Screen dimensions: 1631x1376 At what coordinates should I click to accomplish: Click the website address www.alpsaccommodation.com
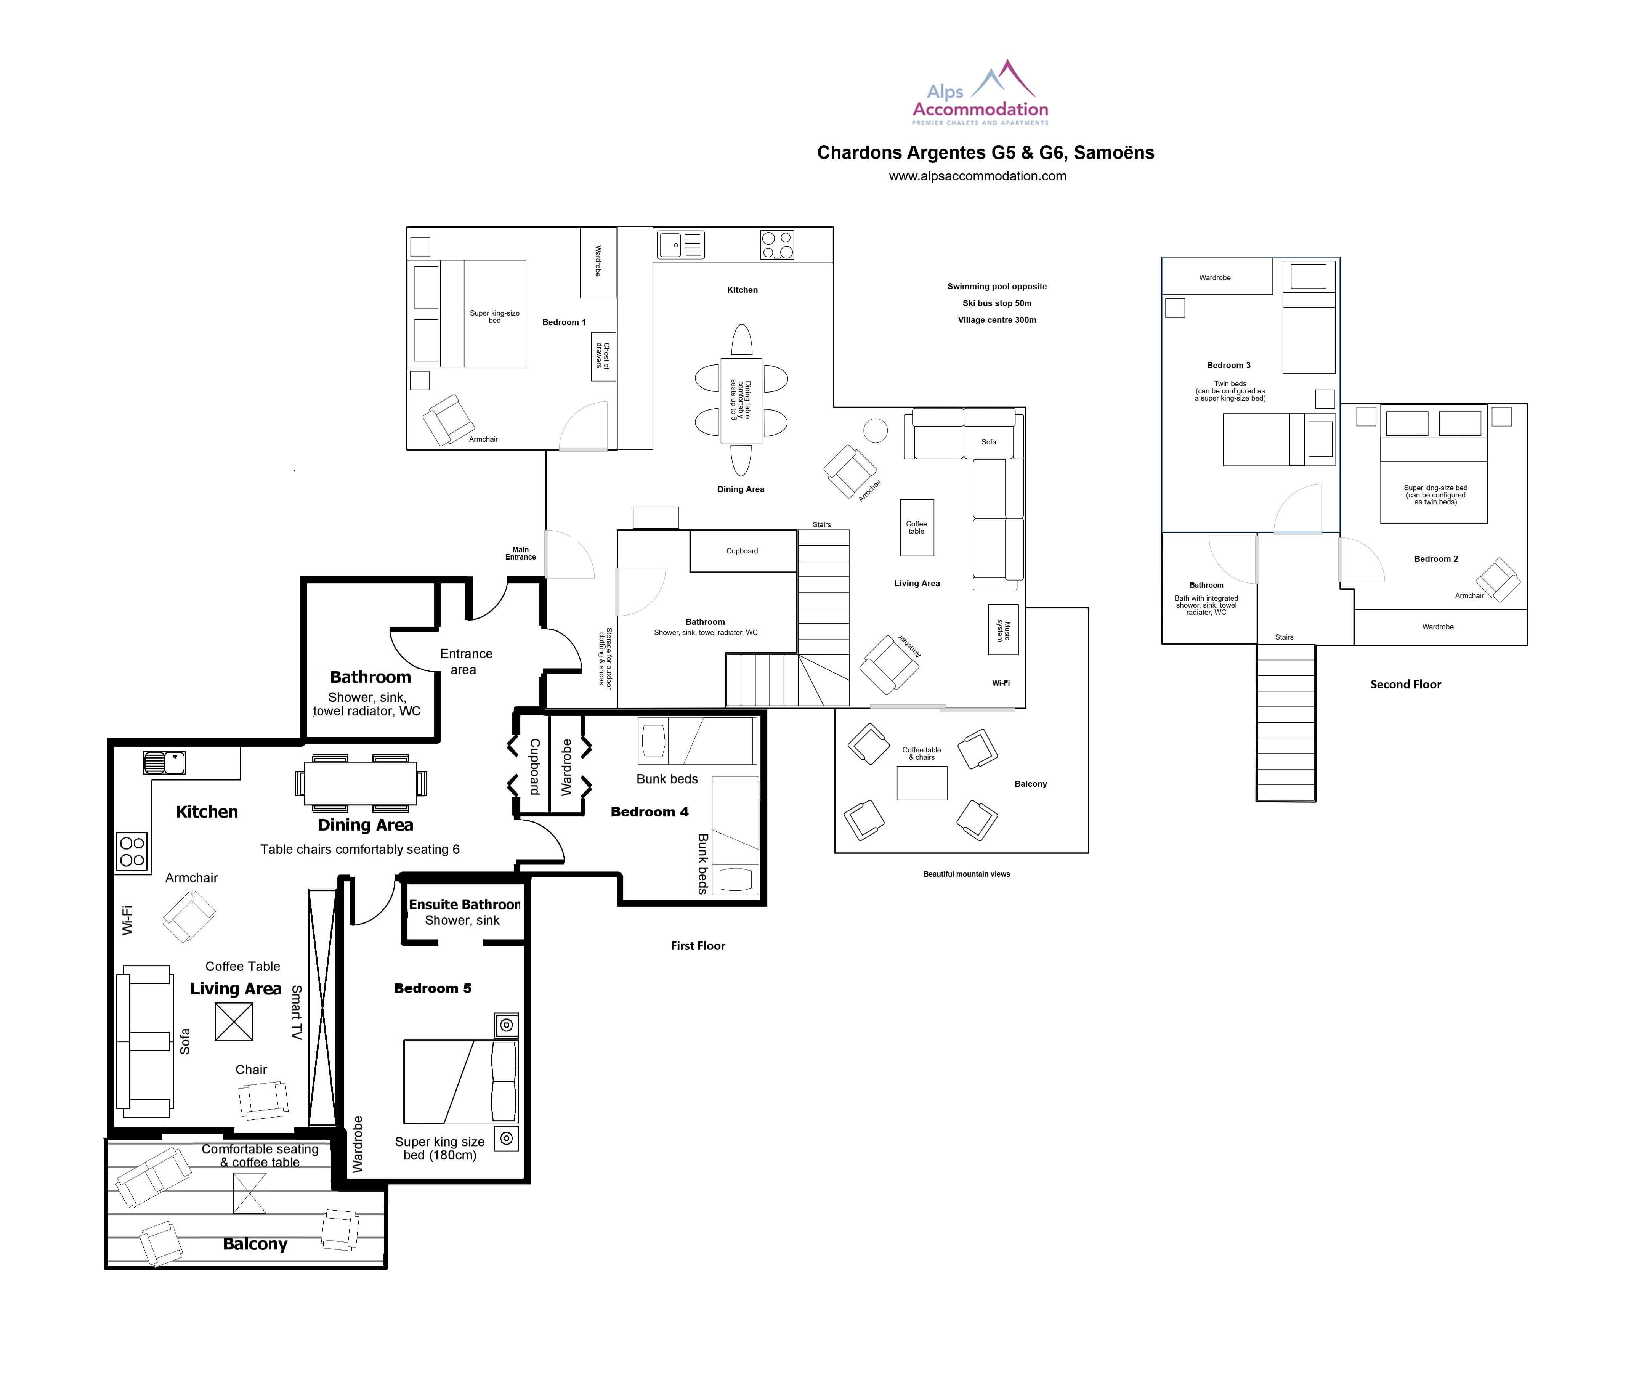(977, 176)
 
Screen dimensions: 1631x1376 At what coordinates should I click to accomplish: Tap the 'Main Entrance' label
(520, 553)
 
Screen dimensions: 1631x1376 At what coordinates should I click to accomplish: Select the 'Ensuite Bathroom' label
(465, 904)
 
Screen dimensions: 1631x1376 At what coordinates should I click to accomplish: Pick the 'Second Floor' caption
(1406, 684)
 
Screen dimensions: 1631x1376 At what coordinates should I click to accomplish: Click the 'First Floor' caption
(698, 945)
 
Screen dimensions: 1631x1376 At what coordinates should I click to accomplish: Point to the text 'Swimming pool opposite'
(997, 286)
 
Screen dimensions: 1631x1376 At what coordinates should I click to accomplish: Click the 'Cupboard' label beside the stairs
(742, 551)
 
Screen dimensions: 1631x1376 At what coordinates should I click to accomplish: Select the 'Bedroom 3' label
(1228, 365)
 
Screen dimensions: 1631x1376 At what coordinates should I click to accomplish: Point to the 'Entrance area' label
(466, 661)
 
